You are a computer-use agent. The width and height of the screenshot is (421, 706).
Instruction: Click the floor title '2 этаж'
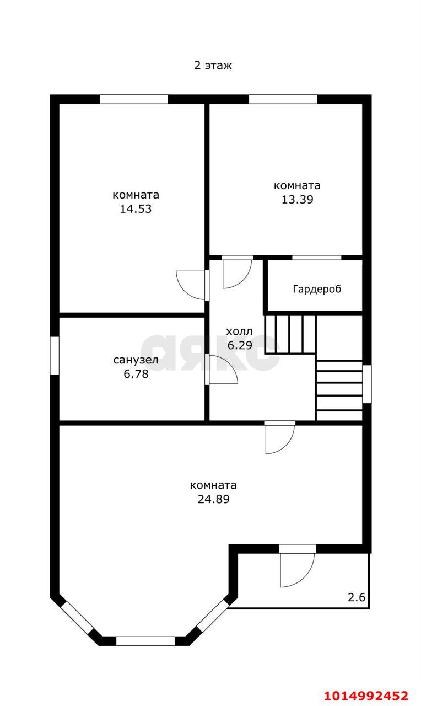click(213, 66)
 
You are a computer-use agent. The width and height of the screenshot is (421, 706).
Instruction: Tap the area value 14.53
click(136, 209)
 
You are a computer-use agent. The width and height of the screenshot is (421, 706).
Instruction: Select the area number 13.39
click(297, 200)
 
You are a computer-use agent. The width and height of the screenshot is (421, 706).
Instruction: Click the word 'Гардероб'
click(317, 289)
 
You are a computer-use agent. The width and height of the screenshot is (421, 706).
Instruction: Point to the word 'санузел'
click(136, 360)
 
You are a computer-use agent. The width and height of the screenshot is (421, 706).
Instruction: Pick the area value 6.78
click(136, 374)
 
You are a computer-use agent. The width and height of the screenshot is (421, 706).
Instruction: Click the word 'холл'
click(239, 331)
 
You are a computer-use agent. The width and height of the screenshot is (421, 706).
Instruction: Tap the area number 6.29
click(240, 345)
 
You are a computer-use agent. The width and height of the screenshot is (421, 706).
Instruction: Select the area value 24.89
click(213, 499)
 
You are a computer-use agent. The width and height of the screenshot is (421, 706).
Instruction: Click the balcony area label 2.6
click(357, 597)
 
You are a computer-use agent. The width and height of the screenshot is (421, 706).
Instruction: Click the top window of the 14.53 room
click(134, 99)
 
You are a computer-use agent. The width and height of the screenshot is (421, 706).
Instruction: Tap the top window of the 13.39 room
click(283, 99)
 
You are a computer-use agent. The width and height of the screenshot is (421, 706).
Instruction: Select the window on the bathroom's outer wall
click(55, 356)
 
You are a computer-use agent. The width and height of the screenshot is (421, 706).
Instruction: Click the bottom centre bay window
click(145, 641)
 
